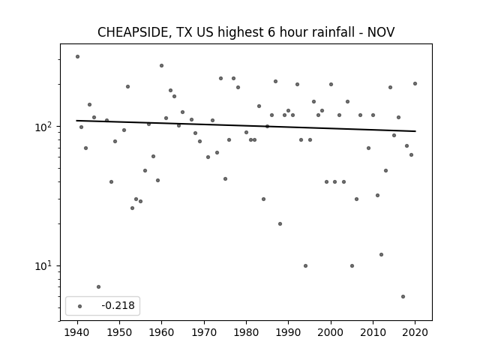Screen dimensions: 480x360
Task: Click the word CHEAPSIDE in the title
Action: click(x=133, y=32)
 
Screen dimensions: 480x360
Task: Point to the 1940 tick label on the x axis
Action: click(x=77, y=332)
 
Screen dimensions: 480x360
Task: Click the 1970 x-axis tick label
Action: click(x=204, y=332)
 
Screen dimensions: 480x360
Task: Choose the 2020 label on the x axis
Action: click(x=415, y=332)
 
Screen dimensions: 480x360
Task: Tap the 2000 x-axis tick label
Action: click(x=331, y=332)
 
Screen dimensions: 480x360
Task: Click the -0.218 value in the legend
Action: click(x=118, y=305)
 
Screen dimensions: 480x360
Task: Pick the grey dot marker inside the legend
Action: click(x=80, y=306)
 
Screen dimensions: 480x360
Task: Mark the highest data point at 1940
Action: click(x=77, y=57)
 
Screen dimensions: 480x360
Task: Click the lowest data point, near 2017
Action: click(x=403, y=297)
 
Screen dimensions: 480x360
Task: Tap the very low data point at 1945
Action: click(x=98, y=286)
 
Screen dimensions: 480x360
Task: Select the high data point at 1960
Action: click(x=162, y=65)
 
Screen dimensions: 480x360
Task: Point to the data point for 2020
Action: click(x=415, y=83)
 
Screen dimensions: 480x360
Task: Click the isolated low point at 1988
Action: click(x=280, y=223)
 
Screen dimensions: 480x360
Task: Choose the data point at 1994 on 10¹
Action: click(x=305, y=265)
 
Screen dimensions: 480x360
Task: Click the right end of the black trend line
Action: click(x=415, y=131)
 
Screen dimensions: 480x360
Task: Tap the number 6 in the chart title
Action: click(x=271, y=32)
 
